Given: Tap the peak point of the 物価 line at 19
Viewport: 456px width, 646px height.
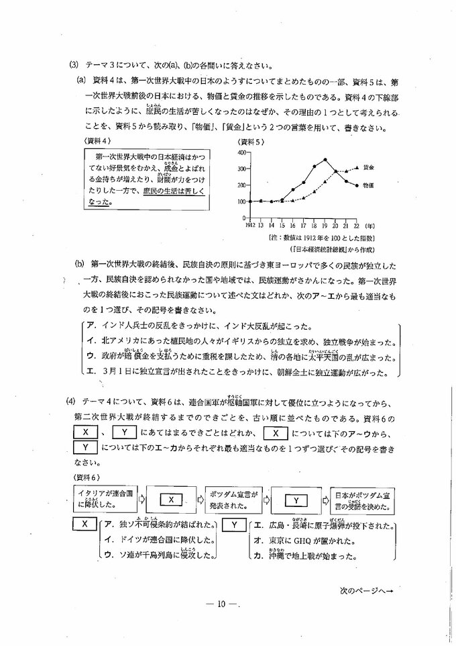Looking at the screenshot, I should [325, 160].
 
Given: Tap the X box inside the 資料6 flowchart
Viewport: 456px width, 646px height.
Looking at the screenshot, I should [170, 499].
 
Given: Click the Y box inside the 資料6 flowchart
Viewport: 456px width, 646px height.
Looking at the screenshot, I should [295, 499].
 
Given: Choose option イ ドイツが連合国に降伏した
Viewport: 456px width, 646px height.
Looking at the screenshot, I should [158, 540].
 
